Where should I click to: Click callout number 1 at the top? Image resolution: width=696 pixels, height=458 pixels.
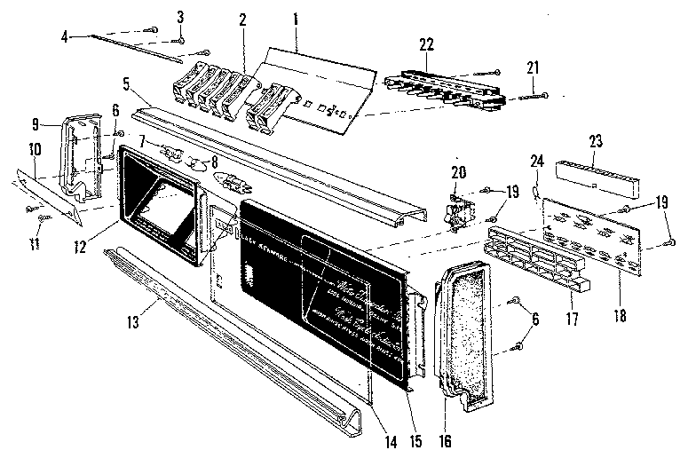(297, 17)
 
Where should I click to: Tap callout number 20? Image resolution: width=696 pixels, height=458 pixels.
(458, 171)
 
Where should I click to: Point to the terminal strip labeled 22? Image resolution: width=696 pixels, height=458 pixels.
(444, 86)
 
